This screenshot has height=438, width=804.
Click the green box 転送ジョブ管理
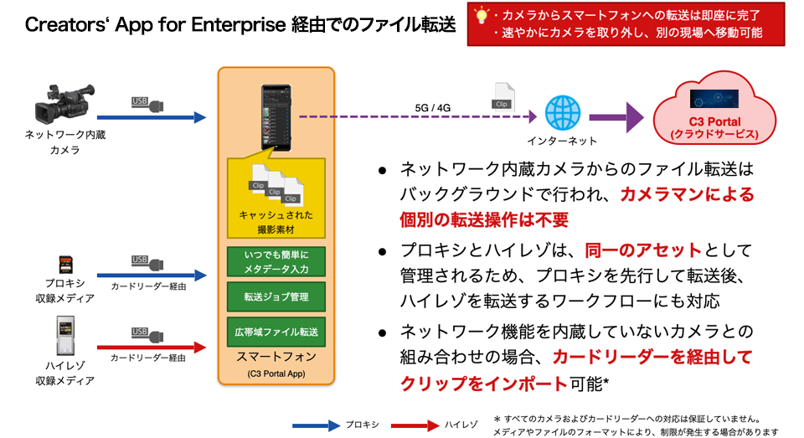(276, 296)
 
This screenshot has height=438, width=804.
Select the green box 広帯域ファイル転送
(276, 332)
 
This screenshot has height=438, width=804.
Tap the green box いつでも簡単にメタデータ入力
(276, 260)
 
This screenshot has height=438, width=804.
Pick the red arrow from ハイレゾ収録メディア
(151, 347)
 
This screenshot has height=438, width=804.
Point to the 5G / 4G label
(433, 108)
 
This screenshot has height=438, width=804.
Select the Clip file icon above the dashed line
(502, 96)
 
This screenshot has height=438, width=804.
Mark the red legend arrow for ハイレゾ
(415, 424)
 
